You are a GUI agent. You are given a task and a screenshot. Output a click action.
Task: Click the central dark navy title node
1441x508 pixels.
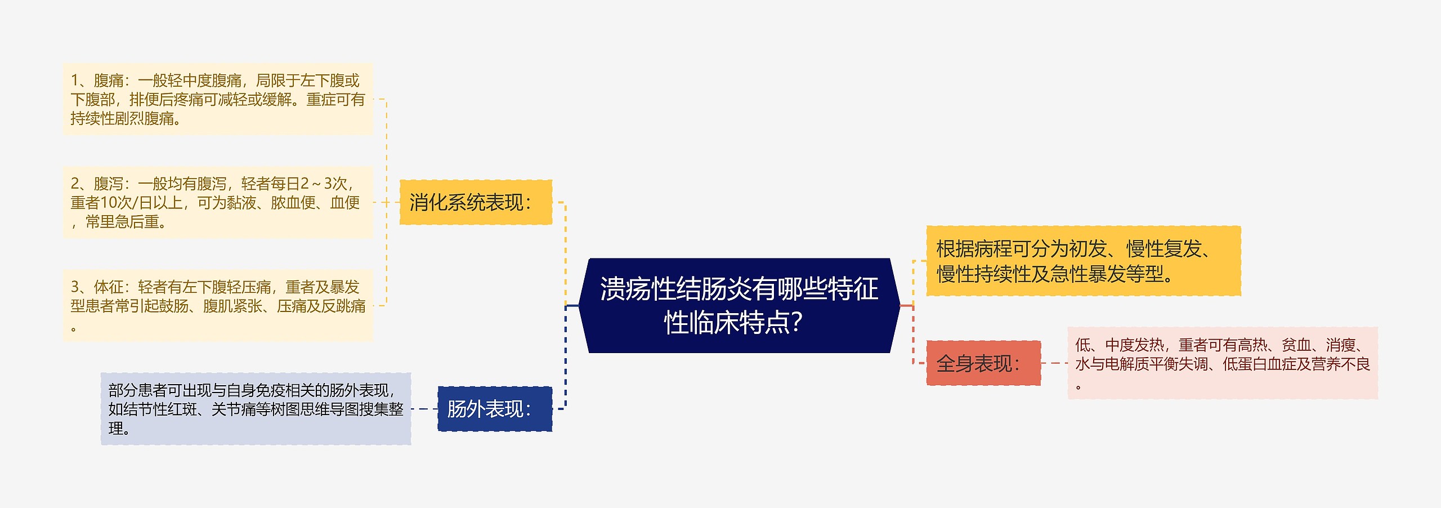739,306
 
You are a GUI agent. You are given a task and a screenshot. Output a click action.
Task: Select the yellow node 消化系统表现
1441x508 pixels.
476,202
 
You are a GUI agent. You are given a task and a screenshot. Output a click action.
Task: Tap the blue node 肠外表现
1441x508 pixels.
494,409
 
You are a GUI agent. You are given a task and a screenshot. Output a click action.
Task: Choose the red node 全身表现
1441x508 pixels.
983,363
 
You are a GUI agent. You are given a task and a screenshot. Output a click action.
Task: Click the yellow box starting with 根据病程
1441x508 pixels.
1083,261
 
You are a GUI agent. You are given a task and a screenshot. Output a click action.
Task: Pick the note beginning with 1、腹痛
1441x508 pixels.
218,99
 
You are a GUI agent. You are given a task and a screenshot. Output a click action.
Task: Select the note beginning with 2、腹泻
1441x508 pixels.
218,202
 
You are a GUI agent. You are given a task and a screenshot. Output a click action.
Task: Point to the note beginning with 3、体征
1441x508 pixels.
218,305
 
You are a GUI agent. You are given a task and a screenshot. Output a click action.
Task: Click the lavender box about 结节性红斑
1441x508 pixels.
256,409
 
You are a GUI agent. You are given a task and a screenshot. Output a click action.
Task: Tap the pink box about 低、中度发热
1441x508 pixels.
1222,363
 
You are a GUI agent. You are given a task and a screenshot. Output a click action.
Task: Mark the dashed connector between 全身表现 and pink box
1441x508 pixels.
1054,363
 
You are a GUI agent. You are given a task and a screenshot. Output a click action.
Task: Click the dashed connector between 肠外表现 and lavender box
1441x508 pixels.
424,409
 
